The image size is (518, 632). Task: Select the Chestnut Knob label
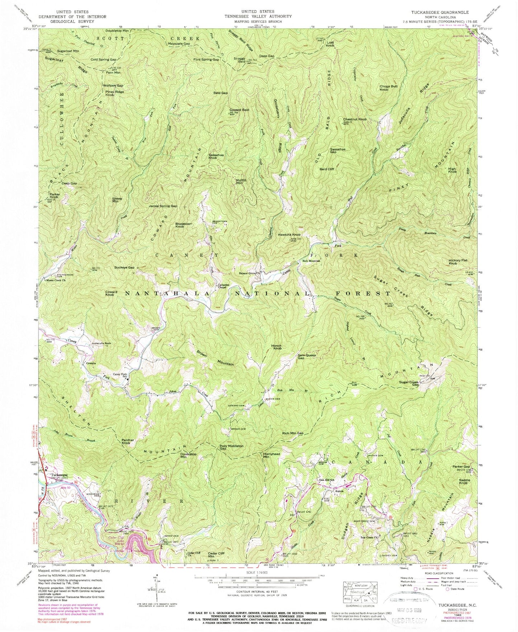coord(355,119)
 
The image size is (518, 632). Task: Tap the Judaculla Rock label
coord(101,343)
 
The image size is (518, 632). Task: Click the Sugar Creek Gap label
coord(409,382)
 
